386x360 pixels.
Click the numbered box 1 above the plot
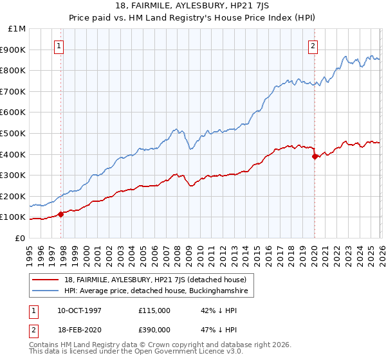click(59, 46)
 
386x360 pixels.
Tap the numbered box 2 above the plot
click(313, 46)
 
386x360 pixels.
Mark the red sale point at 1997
click(61, 214)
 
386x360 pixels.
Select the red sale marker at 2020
click(315, 156)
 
